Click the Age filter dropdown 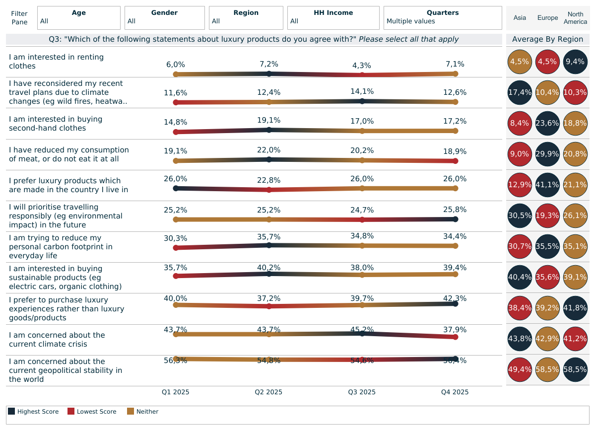click(x=79, y=18)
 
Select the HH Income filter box click(x=333, y=18)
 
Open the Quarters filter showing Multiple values click(x=443, y=18)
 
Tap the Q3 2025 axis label click(x=362, y=392)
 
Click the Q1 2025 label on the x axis click(x=175, y=392)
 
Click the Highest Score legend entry click(x=33, y=412)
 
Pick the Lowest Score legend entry click(x=92, y=412)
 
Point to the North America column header click(x=576, y=18)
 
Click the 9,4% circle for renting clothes click(x=575, y=62)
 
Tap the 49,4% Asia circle click(x=520, y=370)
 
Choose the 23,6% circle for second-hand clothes click(x=547, y=124)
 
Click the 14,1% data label click(x=362, y=91)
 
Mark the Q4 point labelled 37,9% click(x=455, y=337)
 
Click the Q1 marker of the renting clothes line click(x=175, y=74)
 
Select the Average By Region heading click(x=547, y=39)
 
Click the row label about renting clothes click(x=56, y=62)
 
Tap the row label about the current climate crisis click(x=57, y=340)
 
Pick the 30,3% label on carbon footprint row click(x=175, y=238)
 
